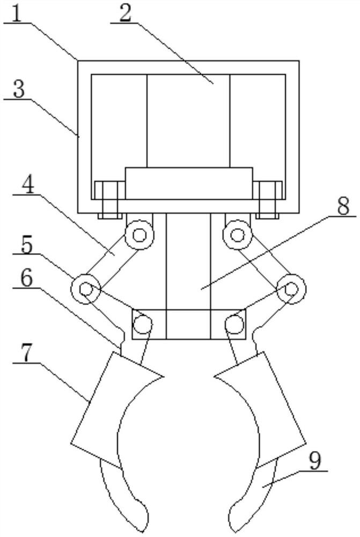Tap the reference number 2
click(x=125, y=13)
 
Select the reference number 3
click(x=18, y=90)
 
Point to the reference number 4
click(x=28, y=185)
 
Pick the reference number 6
click(x=26, y=278)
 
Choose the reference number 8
click(x=343, y=207)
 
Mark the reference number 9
click(x=314, y=461)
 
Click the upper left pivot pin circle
click(x=139, y=235)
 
